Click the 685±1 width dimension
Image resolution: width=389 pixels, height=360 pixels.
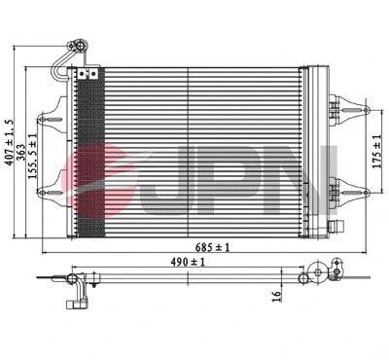click(206, 248)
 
